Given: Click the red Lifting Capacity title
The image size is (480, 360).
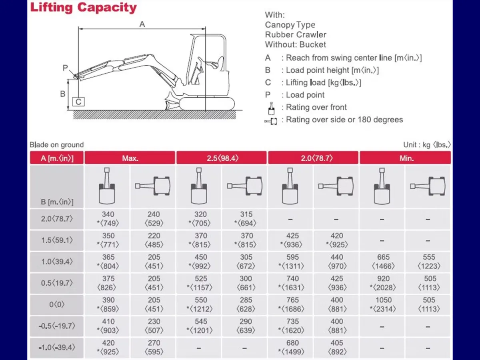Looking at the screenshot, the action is point(83,8).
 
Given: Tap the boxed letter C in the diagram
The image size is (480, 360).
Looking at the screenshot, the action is point(78,102).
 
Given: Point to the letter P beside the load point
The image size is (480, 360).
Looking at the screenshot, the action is point(65,68).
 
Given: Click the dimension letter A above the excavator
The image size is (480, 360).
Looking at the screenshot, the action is point(142,24).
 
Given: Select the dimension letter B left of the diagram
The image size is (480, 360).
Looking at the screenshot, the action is point(62,94).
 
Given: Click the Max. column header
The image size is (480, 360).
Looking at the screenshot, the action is point(130,158).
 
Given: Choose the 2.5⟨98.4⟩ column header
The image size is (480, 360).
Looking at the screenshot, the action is point(222,158).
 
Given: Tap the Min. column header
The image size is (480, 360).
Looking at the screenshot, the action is point(406,158).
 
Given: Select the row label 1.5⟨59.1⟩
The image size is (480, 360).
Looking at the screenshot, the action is point(57,240).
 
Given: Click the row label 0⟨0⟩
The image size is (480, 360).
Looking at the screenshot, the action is point(57,304).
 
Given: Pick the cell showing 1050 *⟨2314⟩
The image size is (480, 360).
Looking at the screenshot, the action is point(383,304).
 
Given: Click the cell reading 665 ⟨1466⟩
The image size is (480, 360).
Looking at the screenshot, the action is point(383,262).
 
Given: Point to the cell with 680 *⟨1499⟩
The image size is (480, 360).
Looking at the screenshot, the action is point(292,347).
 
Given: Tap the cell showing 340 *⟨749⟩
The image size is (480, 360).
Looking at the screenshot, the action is point(108,219).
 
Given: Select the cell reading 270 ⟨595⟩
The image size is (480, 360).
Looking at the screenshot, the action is point(154,347).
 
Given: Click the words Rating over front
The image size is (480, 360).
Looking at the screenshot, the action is point(316,107).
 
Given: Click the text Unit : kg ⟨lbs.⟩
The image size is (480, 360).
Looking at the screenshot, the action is point(427,145).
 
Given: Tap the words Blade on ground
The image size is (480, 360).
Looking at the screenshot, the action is point(57,145).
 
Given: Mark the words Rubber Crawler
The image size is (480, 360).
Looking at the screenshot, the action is point(296,34).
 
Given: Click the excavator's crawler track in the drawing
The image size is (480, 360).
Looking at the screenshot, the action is point(207,104).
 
